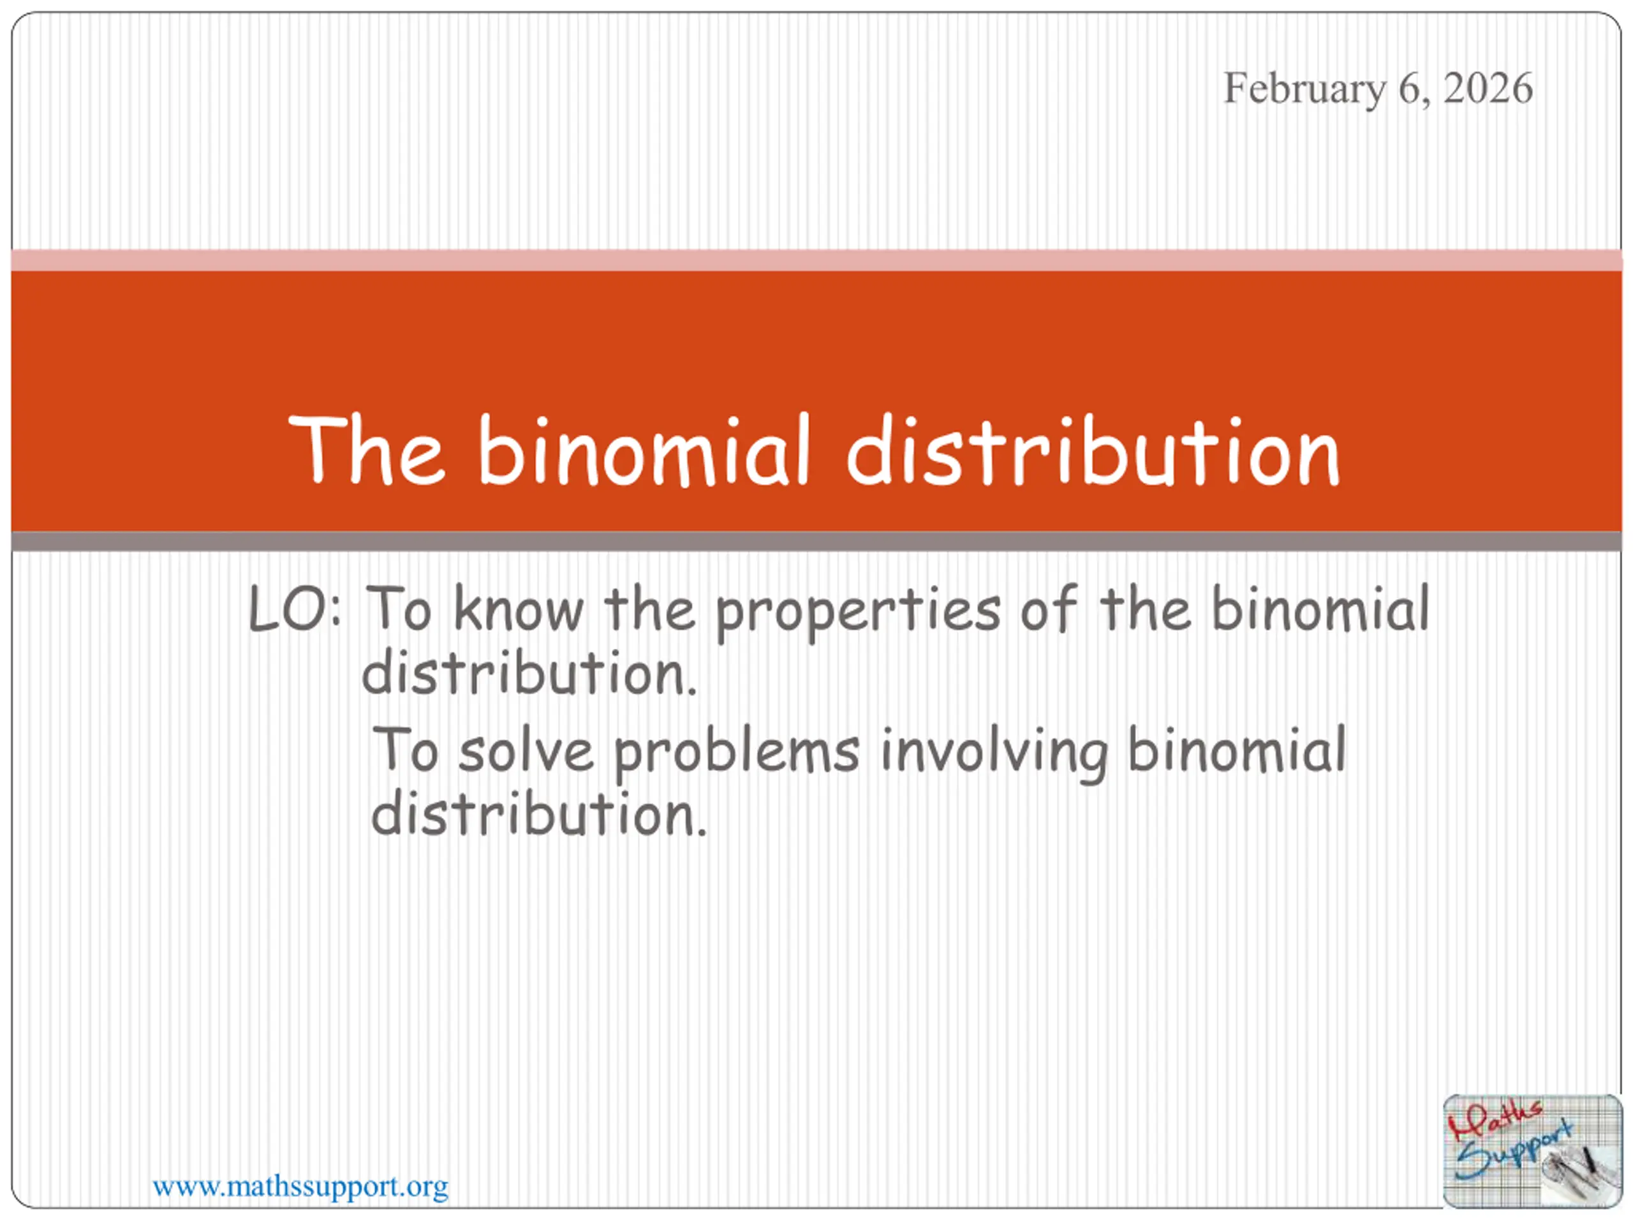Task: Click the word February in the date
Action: pyautogui.click(x=1304, y=89)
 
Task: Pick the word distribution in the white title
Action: pyautogui.click(x=1093, y=450)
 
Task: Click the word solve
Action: pyautogui.click(x=526, y=751)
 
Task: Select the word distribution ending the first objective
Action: pyautogui.click(x=529, y=672)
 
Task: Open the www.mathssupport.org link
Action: pyautogui.click(x=300, y=1187)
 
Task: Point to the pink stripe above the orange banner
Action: pyautogui.click(x=816, y=260)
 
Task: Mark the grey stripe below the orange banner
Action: pyautogui.click(x=816, y=542)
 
